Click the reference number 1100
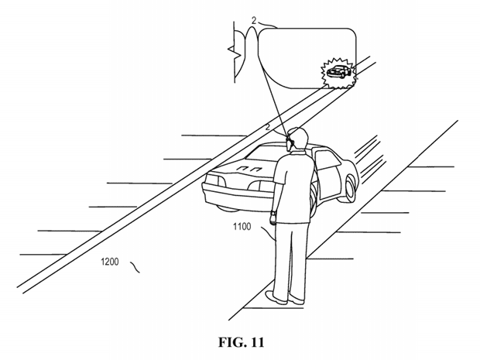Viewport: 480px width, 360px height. [242, 227]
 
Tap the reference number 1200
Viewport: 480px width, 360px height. [110, 262]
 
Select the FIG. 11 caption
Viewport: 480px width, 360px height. [241, 342]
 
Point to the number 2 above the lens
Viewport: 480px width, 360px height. [254, 20]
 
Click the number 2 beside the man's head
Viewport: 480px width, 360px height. [268, 127]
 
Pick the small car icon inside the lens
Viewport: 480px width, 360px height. [338, 72]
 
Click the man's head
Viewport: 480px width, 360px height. [297, 139]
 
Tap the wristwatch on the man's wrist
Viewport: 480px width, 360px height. [273, 212]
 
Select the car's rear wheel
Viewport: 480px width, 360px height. [350, 187]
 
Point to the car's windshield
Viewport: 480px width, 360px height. [266, 154]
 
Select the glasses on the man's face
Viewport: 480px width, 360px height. [290, 141]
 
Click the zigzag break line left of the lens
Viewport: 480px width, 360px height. [235, 52]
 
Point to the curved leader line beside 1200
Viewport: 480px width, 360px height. [135, 267]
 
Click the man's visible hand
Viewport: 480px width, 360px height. [273, 219]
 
